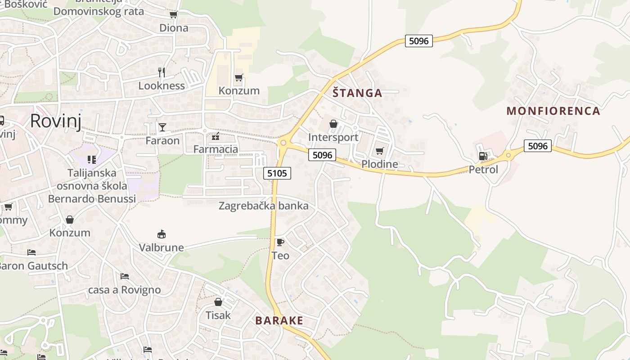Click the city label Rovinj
[x=56, y=121]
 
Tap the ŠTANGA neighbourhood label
[x=357, y=93]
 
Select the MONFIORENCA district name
[x=553, y=111]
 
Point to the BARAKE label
[x=279, y=320]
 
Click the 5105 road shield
[x=277, y=173]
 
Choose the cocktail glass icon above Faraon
[x=162, y=127]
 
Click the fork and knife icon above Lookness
[x=162, y=72]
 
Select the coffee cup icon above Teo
[x=280, y=243]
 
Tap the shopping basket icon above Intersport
[x=333, y=124]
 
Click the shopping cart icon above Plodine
[x=379, y=151]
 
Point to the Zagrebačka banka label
[x=263, y=206]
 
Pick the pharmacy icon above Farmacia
[x=216, y=136]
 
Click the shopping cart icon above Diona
[x=173, y=15]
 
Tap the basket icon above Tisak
[x=218, y=302]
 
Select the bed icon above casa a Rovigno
[x=125, y=276]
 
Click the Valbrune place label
[x=161, y=247]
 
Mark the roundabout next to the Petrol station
[x=508, y=155]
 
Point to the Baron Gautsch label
[x=33, y=265]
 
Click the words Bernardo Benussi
[x=92, y=198]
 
